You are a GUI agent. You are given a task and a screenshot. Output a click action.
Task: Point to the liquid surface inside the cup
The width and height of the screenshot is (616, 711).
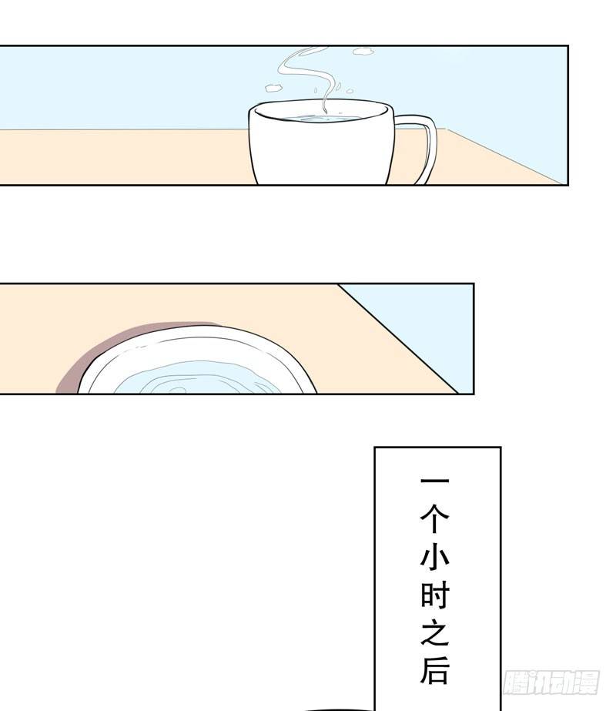tap(323, 119)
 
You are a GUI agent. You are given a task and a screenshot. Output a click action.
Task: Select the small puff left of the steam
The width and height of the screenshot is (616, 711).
tap(273, 86)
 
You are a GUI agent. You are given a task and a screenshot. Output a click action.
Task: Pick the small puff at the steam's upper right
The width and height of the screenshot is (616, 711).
tap(363, 52)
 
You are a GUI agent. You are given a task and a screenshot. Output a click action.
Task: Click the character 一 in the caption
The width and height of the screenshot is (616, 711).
tap(435, 481)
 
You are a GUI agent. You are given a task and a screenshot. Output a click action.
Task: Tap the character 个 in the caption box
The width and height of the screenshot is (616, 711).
tap(435, 518)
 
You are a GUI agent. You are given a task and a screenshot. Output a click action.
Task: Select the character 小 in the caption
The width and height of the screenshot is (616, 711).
tap(435, 556)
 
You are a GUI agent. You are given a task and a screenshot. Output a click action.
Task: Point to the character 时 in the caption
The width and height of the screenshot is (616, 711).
tap(435, 595)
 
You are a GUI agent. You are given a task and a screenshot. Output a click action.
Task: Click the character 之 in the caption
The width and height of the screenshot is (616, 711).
tap(435, 632)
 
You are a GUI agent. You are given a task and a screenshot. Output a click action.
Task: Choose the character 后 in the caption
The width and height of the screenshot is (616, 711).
tap(435, 669)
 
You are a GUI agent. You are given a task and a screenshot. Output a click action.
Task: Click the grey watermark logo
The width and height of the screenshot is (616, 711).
tap(551, 682)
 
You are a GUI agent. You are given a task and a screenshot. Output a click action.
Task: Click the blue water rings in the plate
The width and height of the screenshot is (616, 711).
tap(195, 379)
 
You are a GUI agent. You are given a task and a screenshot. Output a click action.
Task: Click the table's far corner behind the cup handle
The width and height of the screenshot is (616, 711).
tap(447, 129)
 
